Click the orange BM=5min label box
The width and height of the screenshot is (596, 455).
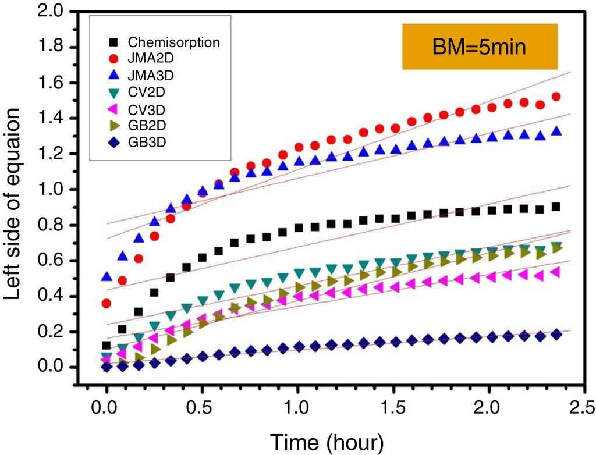pos(480,46)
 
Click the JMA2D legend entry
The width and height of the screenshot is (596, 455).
pos(146,59)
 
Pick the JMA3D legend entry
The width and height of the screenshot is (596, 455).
pos(146,75)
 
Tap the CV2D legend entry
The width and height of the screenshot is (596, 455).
pos(143,91)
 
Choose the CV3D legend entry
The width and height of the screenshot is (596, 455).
pos(143,108)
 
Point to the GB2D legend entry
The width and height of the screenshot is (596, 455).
pos(143,124)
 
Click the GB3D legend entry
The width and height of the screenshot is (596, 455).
pos(143,140)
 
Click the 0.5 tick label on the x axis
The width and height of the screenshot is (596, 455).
pos(202,405)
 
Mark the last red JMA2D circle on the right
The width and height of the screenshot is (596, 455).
pos(556,97)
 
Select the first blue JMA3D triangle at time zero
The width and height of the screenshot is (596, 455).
pos(107,276)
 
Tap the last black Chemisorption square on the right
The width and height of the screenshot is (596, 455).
pos(556,207)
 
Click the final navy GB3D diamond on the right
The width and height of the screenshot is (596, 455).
pos(556,335)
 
